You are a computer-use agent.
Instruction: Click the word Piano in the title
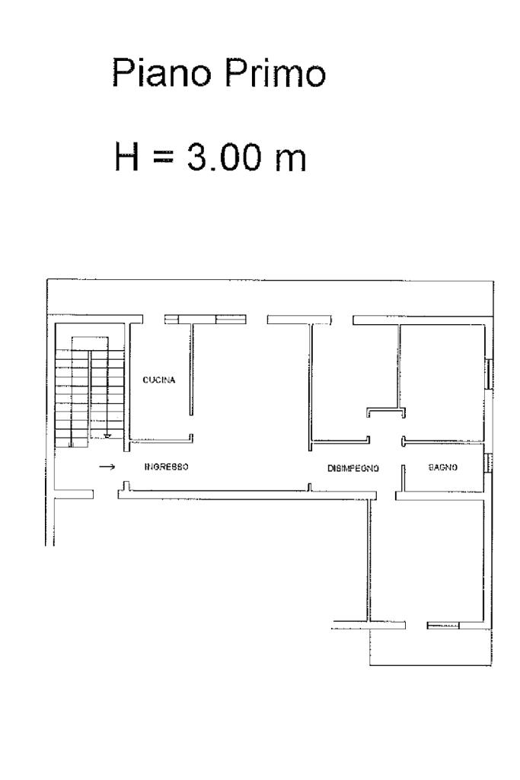tap(161, 72)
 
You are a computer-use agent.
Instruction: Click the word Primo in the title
tap(275, 72)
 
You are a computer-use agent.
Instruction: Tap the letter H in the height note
tap(126, 157)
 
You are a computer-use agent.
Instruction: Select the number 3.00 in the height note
tap(224, 157)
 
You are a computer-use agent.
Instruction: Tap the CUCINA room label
tap(158, 380)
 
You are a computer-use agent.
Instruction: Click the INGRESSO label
tap(166, 466)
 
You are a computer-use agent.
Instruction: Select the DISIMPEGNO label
tap(353, 468)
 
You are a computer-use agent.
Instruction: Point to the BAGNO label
tap(443, 467)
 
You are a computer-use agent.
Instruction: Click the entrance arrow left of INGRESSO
tap(107, 466)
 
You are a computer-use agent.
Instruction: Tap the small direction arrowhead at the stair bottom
tap(107, 436)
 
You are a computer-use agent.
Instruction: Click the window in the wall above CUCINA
tap(205, 320)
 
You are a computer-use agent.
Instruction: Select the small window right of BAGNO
tap(489, 463)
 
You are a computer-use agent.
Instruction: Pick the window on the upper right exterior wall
tap(489, 373)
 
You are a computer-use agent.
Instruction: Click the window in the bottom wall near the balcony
tap(443, 626)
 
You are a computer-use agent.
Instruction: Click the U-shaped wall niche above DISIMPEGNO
tap(386, 412)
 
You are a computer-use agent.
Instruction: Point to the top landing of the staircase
tap(90, 343)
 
